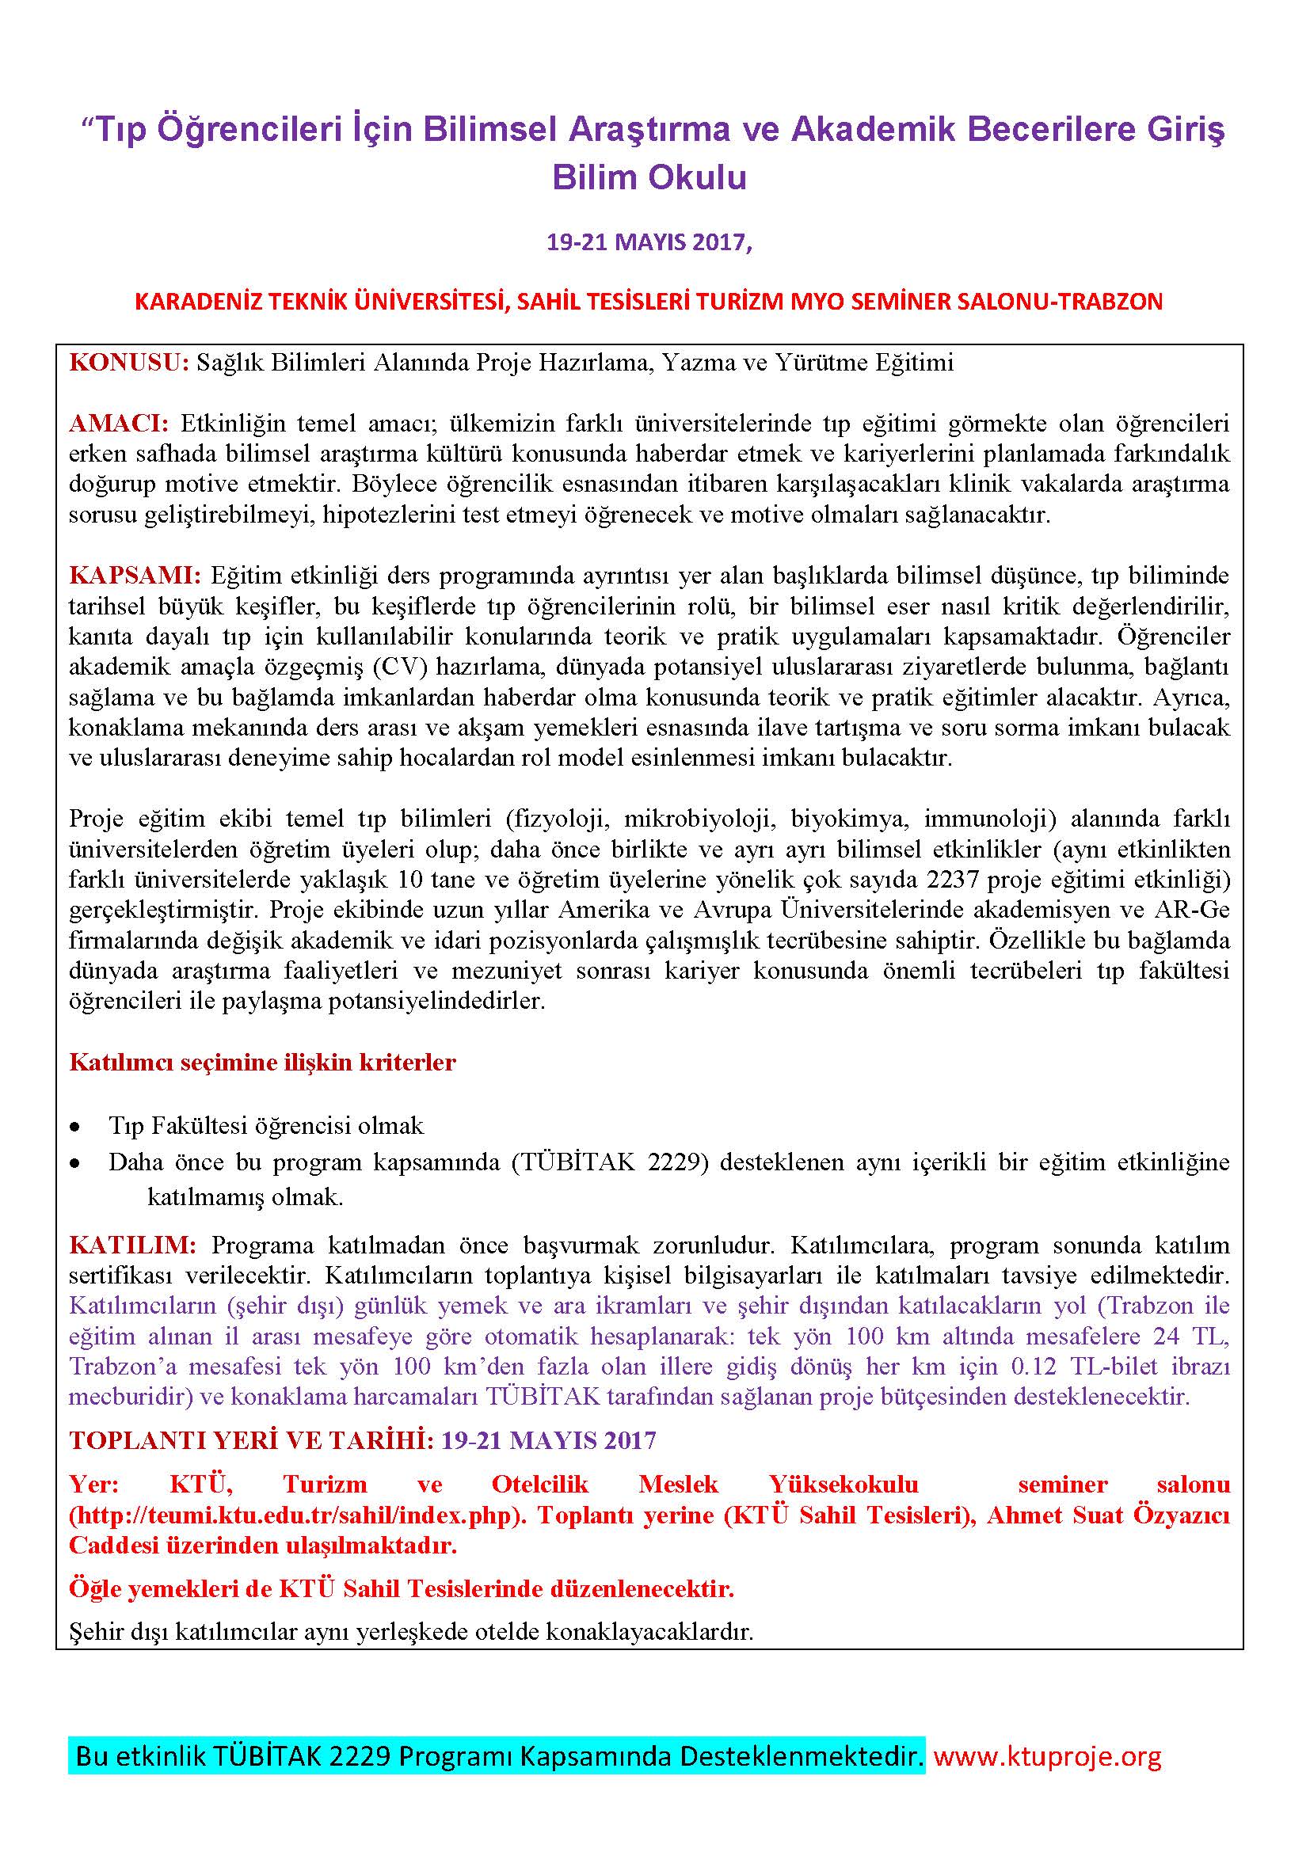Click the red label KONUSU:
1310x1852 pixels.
pyautogui.click(x=128, y=363)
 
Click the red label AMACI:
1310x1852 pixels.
pyautogui.click(x=119, y=424)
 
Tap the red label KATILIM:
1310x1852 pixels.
pyautogui.click(x=132, y=1245)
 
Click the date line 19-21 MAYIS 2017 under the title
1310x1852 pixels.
pyautogui.click(x=649, y=242)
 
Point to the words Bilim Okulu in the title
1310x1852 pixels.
pyautogui.click(x=649, y=177)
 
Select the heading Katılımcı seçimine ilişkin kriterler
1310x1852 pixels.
pyautogui.click(x=262, y=1063)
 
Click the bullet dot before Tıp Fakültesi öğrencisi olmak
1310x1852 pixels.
pyautogui.click(x=76, y=1126)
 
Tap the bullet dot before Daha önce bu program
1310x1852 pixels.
pyautogui.click(x=76, y=1164)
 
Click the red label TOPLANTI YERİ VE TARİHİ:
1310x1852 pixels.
pyautogui.click(x=252, y=1439)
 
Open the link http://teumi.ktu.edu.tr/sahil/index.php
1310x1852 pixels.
pyautogui.click(x=295, y=1515)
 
